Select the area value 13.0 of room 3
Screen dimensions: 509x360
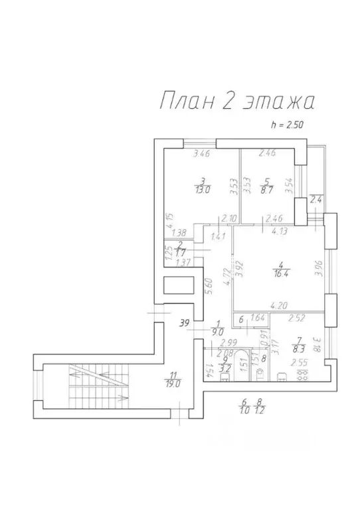pyautogui.click(x=203, y=188)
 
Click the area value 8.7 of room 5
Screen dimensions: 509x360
pyautogui.click(x=267, y=188)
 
